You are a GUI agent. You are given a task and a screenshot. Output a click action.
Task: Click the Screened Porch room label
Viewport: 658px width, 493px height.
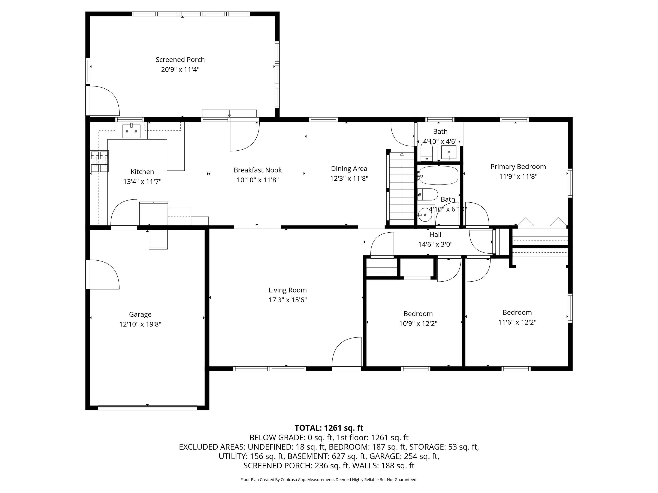pos(180,60)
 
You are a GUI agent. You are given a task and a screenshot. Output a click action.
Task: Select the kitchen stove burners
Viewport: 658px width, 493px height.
pos(100,162)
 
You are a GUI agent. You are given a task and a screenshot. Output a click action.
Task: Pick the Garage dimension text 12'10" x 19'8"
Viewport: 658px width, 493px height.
pos(140,324)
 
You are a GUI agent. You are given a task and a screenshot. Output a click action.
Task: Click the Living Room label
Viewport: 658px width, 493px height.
pos(288,290)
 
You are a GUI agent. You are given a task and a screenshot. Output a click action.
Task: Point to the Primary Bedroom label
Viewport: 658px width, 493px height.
pos(518,167)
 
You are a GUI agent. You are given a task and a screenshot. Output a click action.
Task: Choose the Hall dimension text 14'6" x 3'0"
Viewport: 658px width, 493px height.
pos(435,245)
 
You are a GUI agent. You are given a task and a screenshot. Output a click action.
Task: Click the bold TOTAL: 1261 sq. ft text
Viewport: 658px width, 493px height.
pos(329,428)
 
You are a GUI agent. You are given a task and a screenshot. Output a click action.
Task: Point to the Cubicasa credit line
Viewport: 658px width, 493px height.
pos(329,480)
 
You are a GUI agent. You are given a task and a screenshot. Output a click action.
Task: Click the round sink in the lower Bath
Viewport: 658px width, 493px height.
pos(425,215)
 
